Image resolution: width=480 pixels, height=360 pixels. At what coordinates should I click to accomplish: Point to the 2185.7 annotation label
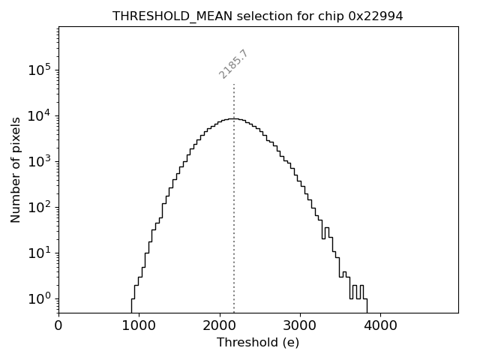(233, 64)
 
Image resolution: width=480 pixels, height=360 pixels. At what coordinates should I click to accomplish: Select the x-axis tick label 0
(58, 326)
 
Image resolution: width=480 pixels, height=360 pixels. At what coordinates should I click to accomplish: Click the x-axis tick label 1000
(139, 326)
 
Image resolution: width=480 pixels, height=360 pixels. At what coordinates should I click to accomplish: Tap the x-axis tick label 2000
(220, 326)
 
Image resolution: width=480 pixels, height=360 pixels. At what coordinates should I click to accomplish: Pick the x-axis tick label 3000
(300, 326)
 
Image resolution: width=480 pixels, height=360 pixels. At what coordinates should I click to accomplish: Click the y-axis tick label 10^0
(39, 299)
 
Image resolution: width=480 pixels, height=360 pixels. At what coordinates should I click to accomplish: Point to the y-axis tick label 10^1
(39, 253)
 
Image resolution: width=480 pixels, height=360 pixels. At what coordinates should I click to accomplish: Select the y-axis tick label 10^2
(39, 208)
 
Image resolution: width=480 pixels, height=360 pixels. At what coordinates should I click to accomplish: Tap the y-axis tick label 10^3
(39, 162)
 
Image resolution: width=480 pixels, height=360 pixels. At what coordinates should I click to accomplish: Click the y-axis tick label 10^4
(39, 116)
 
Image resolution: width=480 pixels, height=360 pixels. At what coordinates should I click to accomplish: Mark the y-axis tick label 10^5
(39, 70)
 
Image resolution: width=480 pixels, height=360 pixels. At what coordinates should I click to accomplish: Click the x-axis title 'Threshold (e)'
(258, 343)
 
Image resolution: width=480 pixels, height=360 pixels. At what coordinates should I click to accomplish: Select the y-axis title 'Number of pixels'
(16, 169)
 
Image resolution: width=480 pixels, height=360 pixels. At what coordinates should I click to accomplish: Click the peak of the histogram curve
(234, 118)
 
